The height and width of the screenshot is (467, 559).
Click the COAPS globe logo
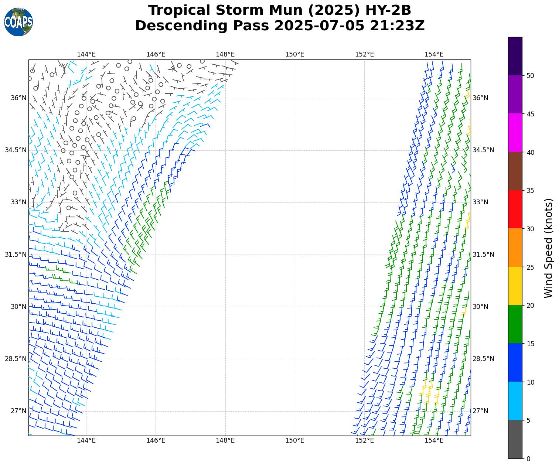[x=18, y=22]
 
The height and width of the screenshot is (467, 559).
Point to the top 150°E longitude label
[x=295, y=55]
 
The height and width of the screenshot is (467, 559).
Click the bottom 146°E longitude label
[x=156, y=440]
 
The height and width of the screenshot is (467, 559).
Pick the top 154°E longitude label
[x=434, y=55]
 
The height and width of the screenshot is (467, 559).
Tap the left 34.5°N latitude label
[x=16, y=150]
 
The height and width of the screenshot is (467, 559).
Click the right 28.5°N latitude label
[x=483, y=359]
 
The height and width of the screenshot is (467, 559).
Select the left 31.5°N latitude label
[x=16, y=255]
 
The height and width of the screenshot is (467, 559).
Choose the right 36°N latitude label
[x=481, y=98]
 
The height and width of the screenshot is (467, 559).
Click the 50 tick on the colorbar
[x=531, y=76]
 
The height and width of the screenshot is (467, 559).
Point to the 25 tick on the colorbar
[x=531, y=267]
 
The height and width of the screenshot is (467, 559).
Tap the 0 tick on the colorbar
[x=528, y=459]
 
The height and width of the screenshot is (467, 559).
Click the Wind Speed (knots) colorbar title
[x=549, y=248]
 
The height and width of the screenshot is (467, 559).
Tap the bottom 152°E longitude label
[x=364, y=440]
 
